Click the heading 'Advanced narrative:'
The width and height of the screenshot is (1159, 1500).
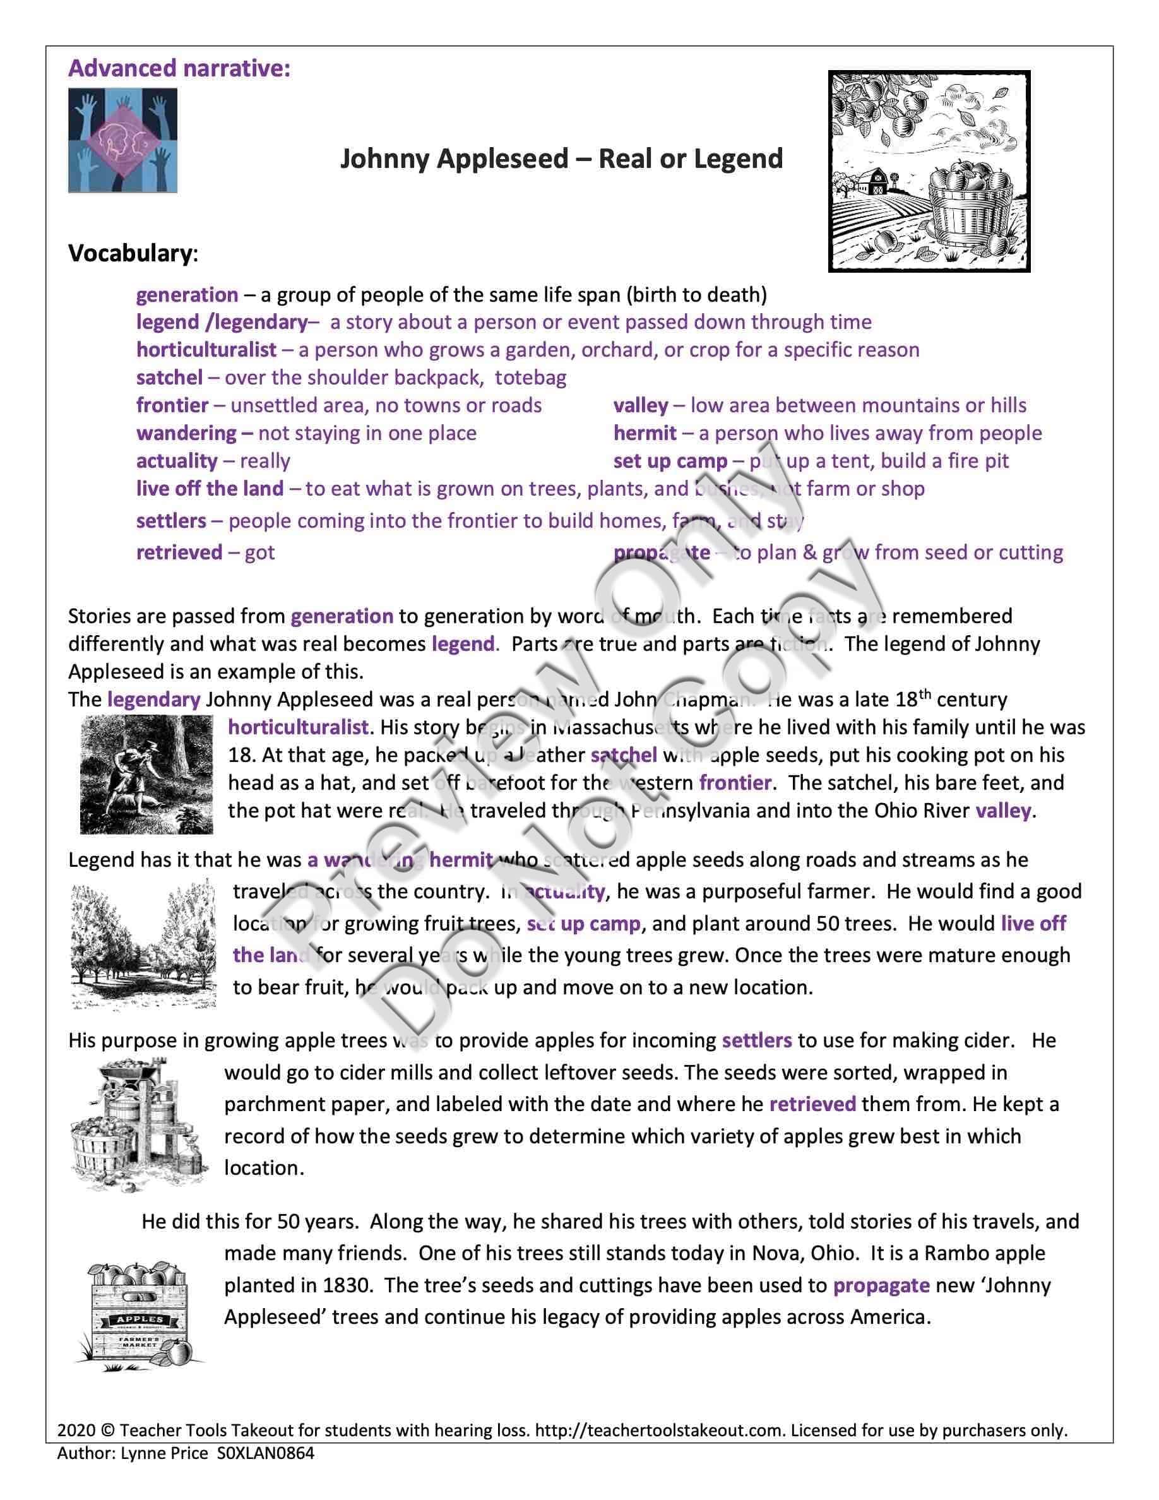(179, 69)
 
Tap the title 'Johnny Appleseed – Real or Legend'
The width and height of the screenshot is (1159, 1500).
(561, 158)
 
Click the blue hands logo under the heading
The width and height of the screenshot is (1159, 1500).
(122, 140)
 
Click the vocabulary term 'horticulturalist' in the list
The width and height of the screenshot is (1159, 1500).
(206, 350)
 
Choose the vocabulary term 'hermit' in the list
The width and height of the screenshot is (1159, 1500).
(645, 432)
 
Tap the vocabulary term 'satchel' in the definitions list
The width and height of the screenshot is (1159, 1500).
(169, 377)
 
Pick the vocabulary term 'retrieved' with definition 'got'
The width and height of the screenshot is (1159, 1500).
(179, 552)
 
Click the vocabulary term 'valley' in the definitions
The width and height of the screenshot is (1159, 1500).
(641, 405)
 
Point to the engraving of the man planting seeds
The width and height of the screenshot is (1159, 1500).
(146, 774)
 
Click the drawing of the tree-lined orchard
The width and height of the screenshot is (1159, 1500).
(144, 946)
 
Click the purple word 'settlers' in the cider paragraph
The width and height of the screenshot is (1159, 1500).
(757, 1040)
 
